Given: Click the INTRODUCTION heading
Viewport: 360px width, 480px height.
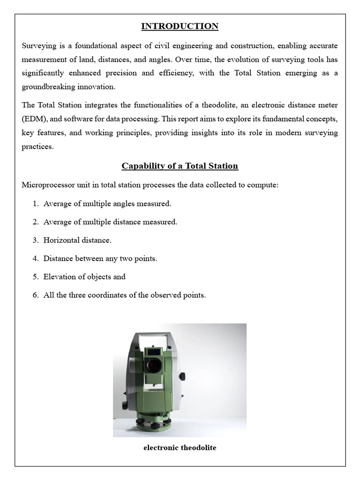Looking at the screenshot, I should [180, 26].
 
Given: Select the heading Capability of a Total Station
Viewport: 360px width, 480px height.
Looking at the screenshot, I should [180, 166].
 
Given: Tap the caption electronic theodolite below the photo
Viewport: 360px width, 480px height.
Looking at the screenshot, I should [180, 448].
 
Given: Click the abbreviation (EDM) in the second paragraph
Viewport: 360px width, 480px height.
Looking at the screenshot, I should [36, 119].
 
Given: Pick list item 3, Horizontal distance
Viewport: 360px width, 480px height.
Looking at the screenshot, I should [77, 240].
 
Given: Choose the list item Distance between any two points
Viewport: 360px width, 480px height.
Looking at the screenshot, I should [100, 258].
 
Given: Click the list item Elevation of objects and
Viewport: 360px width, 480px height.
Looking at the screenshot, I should [84, 277].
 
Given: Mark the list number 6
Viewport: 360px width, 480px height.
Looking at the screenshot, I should [36, 295].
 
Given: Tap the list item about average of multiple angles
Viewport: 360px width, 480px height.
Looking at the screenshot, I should [107, 203].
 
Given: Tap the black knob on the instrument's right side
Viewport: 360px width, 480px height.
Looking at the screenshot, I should [182, 376].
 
